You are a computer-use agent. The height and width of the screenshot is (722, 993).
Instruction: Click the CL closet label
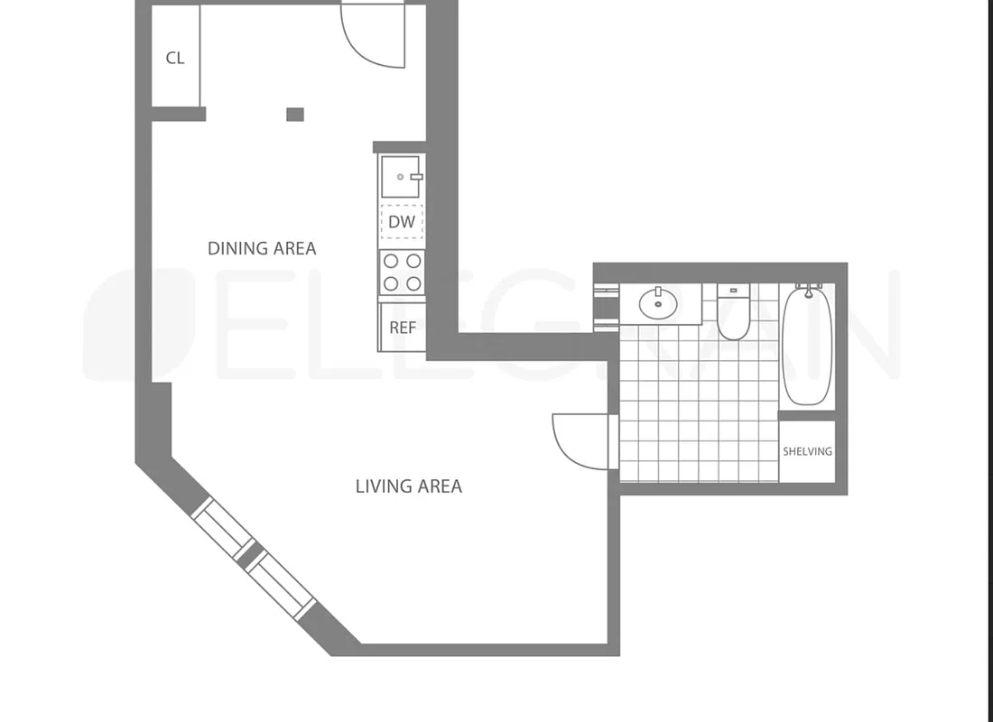coord(175,58)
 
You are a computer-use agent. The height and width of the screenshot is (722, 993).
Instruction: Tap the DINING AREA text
coord(262,248)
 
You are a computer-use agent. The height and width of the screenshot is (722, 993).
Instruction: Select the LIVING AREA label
coord(408,486)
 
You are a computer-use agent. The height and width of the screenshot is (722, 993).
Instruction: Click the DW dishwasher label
coord(402,221)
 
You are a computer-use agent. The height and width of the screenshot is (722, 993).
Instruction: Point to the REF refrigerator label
coord(403,328)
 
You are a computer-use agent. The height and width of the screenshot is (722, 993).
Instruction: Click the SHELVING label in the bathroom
coord(807,451)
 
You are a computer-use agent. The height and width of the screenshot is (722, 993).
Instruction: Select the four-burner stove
coord(402,272)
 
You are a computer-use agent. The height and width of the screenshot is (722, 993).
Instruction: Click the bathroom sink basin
coord(659,303)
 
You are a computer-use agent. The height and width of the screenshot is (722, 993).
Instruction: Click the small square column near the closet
coord(295,115)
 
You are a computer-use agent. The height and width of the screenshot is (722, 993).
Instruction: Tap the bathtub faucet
coord(808,289)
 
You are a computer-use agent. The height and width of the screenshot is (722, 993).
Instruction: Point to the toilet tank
coord(734,292)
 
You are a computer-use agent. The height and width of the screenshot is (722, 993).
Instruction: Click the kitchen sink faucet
coord(416,176)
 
